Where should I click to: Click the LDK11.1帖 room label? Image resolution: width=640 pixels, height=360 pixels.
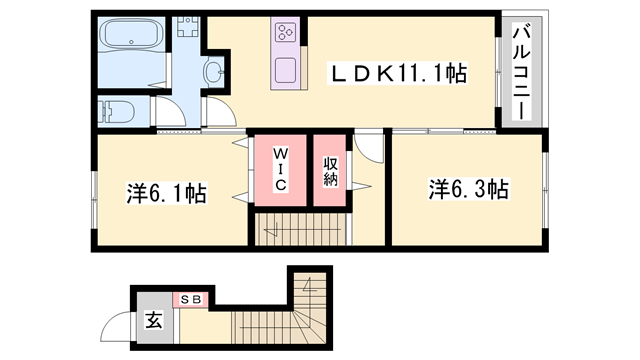point(398,73)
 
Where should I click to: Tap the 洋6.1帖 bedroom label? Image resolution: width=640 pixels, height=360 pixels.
point(167,193)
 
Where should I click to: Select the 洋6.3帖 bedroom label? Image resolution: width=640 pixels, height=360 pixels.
point(469,189)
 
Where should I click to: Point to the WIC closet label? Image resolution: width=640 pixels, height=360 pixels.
point(280,169)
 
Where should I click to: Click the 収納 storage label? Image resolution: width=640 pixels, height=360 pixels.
point(330,171)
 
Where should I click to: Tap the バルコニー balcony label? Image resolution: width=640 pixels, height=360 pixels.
point(521,72)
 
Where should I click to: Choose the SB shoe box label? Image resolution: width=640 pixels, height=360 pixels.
point(191,299)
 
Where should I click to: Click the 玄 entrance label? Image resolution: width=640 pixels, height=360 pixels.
point(153,320)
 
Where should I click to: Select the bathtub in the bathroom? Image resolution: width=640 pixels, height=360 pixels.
point(131,34)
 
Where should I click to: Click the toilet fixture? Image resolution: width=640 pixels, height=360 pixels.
point(117,111)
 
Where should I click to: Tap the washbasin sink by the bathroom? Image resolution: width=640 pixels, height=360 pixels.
point(214,73)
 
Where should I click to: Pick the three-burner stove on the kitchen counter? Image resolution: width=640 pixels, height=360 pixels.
point(285,33)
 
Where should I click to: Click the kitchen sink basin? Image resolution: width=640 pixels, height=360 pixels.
point(285,70)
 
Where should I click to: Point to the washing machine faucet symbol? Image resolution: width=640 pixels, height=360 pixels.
point(188,26)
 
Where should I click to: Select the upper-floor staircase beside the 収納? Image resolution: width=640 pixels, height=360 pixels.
point(301,230)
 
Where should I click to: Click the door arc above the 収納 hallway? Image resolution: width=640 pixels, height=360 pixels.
point(369,146)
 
